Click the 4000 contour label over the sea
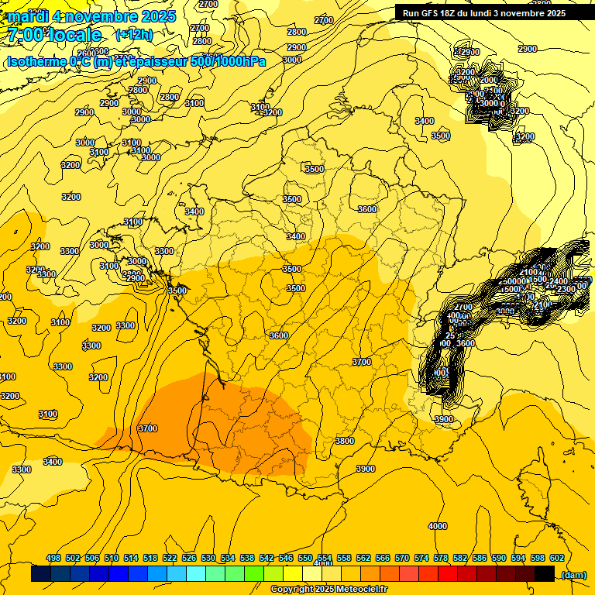[x=438, y=526]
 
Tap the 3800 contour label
[x=345, y=441]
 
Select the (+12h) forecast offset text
[x=134, y=35]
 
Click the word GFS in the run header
[x=432, y=13]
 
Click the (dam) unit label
[x=573, y=575]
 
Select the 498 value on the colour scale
[x=53, y=559]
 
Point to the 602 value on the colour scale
[x=556, y=559]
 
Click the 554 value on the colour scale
[x=325, y=559]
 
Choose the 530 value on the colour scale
[x=208, y=559]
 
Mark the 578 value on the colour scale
[x=441, y=559]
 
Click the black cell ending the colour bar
[x=545, y=574]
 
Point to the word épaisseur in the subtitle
[x=158, y=60]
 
